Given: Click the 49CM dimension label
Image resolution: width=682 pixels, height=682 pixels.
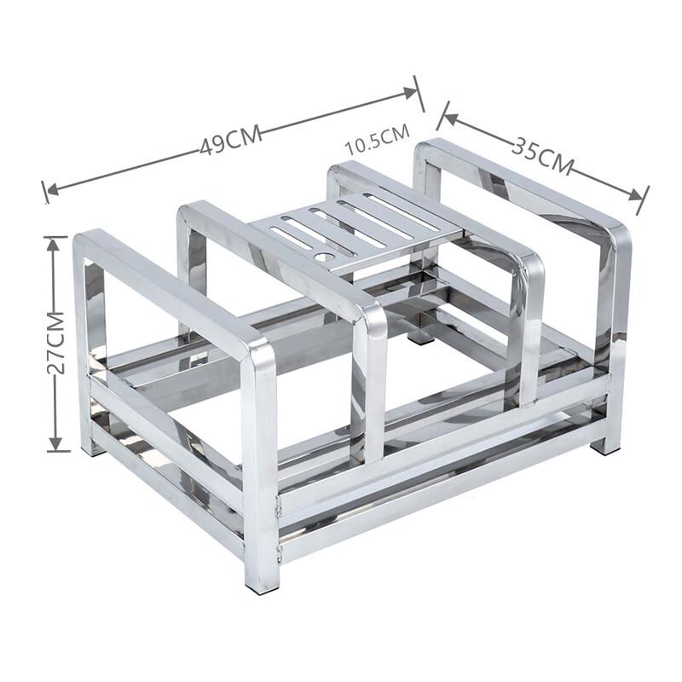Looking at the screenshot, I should [229, 142].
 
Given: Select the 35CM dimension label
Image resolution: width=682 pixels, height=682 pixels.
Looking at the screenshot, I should [542, 153].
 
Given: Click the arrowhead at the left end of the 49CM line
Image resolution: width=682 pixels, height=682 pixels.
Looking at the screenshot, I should [50, 189].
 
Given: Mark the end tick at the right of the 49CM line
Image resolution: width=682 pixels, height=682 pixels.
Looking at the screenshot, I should [419, 93].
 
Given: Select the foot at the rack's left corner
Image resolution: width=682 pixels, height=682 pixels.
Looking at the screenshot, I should [90, 447].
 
